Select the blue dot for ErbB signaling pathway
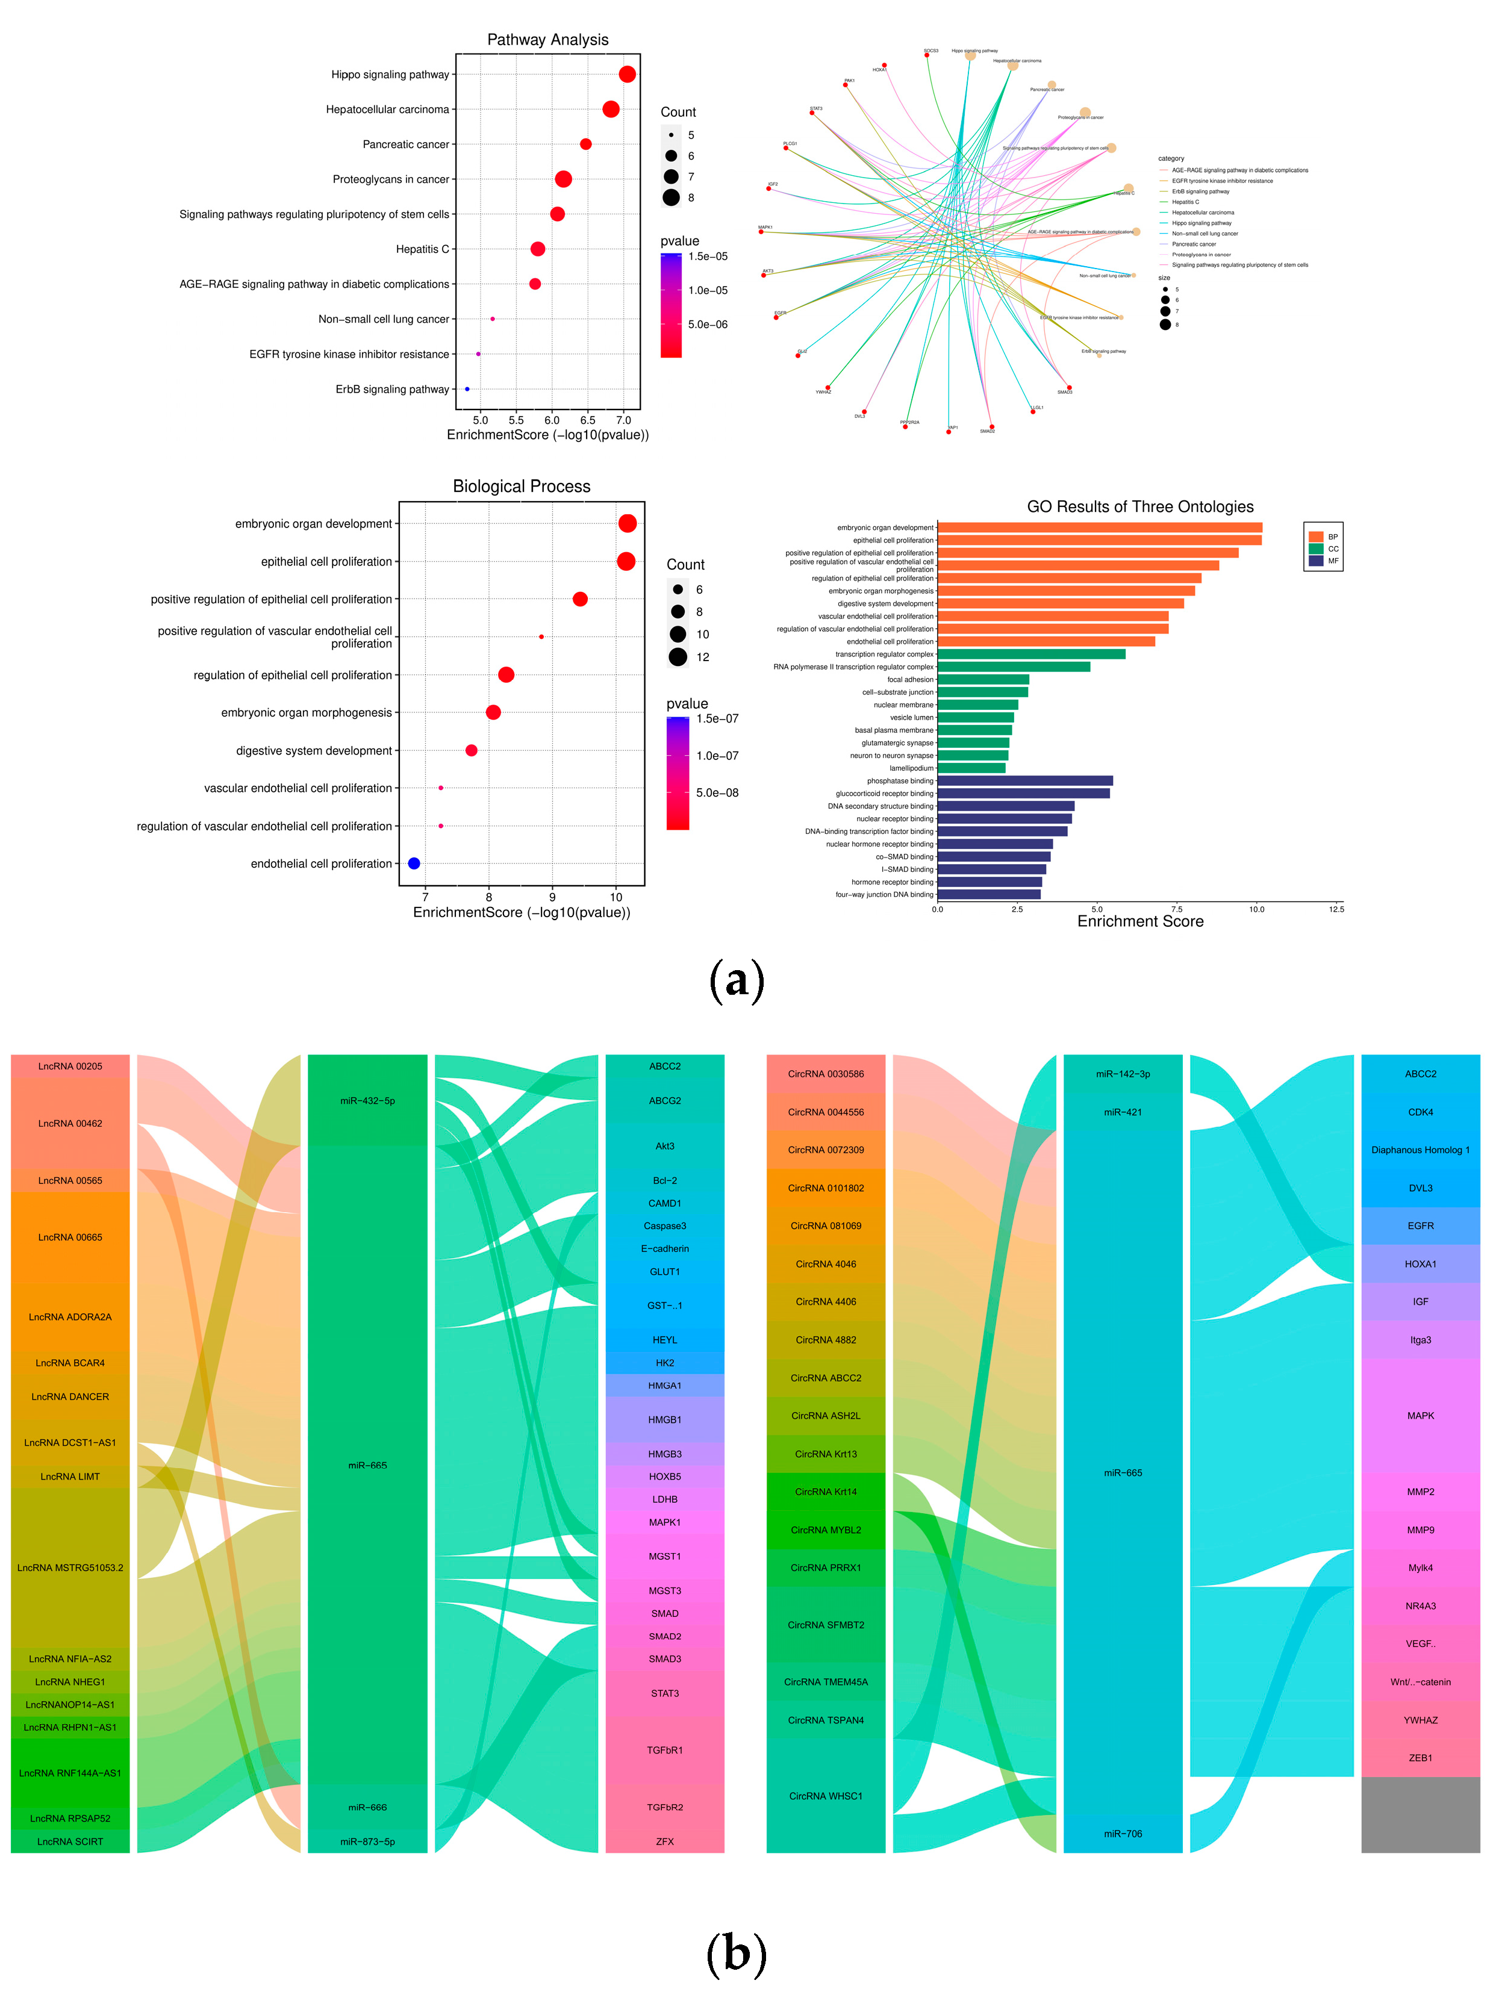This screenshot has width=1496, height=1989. [467, 390]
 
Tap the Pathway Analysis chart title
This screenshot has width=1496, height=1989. [547, 40]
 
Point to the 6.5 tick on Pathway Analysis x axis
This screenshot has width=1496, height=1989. [587, 420]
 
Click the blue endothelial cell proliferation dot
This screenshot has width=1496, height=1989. [414, 863]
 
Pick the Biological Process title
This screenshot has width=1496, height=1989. [522, 487]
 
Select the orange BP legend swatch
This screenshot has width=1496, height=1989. [1316, 537]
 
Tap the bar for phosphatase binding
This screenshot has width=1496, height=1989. [1025, 780]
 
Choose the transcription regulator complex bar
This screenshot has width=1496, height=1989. [1031, 655]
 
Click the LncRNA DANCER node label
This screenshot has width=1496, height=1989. [70, 1396]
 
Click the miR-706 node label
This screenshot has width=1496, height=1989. [1122, 1834]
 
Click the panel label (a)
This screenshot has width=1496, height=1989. [737, 980]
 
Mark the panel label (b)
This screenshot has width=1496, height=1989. [737, 1953]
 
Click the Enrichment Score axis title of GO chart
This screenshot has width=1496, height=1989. [1140, 922]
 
